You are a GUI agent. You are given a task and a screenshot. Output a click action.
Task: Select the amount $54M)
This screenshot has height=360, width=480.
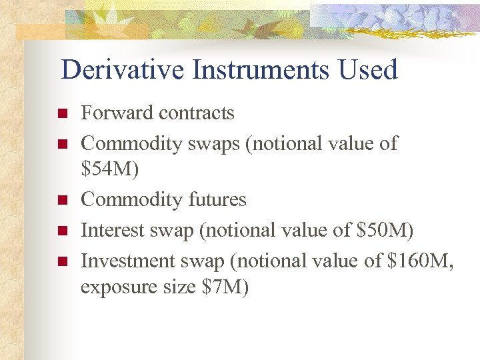click(x=110, y=170)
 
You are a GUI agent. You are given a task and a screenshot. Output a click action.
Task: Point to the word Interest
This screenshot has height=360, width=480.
click(x=111, y=230)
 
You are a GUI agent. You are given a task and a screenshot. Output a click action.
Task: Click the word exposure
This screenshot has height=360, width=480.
click(x=115, y=288)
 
